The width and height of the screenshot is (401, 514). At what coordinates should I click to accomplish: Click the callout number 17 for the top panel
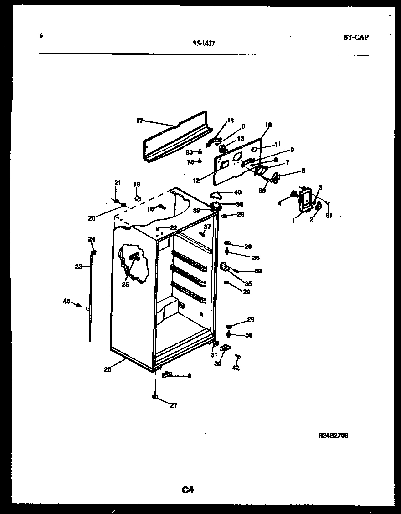tap(139, 121)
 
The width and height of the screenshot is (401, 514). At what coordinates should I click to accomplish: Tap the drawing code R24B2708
tap(333, 435)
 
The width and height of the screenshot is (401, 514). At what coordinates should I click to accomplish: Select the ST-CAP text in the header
tap(356, 37)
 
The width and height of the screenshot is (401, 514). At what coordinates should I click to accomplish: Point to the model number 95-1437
tap(204, 44)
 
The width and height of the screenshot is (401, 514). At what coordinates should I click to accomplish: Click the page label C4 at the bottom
tap(188, 490)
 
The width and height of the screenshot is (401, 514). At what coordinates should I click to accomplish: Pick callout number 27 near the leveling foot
tap(174, 405)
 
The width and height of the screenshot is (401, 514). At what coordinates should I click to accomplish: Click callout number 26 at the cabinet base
tap(107, 369)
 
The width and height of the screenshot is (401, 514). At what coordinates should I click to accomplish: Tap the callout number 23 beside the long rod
tap(78, 267)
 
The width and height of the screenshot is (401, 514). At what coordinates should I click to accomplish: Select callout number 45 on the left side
tap(67, 301)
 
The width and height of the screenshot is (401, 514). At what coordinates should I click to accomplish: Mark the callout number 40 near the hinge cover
tap(237, 192)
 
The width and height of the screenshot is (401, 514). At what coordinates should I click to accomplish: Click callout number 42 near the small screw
tap(236, 368)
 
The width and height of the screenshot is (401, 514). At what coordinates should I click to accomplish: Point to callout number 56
tap(248, 335)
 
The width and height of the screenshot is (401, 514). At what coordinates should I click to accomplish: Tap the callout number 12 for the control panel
tap(196, 181)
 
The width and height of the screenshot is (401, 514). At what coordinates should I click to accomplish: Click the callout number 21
tap(117, 183)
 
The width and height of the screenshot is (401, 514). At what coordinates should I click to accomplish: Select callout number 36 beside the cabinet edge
tap(256, 258)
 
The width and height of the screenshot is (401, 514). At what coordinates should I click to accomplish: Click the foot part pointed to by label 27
tap(155, 398)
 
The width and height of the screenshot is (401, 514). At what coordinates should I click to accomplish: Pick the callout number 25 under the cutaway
tap(125, 285)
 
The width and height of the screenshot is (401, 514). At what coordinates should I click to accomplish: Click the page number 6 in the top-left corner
tap(41, 35)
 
